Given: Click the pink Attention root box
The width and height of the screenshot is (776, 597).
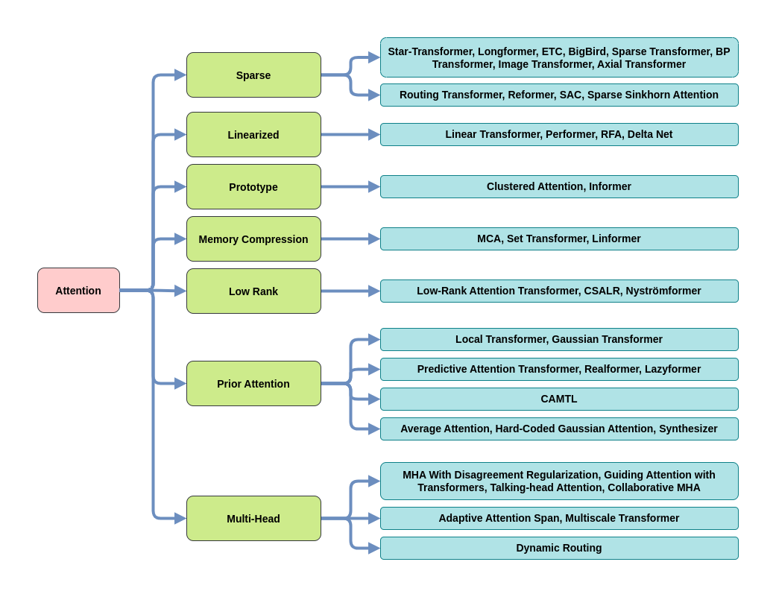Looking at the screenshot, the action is (79, 291).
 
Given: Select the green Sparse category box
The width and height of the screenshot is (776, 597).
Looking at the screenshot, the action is (253, 75).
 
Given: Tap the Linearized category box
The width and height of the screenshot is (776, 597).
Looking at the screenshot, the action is (253, 135).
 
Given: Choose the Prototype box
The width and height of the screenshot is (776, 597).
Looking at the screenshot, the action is (253, 187).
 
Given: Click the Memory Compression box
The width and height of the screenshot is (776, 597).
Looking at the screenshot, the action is (253, 239).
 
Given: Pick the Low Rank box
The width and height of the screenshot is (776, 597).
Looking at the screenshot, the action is (253, 291).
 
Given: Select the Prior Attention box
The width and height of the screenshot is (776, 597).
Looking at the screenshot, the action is (253, 384).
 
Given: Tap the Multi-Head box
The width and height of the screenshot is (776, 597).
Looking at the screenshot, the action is (253, 518).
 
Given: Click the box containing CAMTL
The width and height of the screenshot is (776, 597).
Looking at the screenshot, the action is (559, 399).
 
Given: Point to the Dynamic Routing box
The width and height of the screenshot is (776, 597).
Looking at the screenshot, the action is (559, 548).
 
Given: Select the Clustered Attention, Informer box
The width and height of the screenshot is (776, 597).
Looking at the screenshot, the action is (559, 186).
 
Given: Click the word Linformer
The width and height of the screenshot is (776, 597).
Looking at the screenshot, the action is (616, 239).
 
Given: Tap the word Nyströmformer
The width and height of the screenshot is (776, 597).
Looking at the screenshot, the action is (663, 291).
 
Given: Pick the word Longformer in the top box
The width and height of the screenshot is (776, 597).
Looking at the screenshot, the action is (508, 52).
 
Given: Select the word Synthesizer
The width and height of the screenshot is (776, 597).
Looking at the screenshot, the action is (688, 429).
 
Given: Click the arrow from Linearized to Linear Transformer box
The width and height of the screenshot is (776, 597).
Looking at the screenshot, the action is (350, 135).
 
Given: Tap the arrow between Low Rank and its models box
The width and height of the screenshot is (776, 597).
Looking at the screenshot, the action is (350, 291).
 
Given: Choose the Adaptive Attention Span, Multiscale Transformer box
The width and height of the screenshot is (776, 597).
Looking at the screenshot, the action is (559, 518).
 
